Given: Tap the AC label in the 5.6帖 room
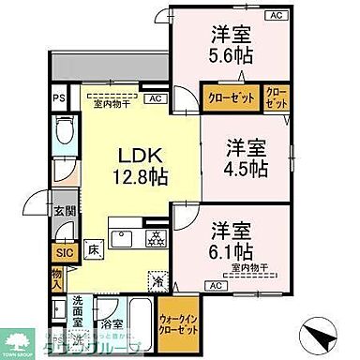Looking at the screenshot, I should click(276, 16).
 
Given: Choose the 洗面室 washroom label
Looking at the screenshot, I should click(83, 309).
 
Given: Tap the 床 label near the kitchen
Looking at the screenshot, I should click(96, 250).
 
